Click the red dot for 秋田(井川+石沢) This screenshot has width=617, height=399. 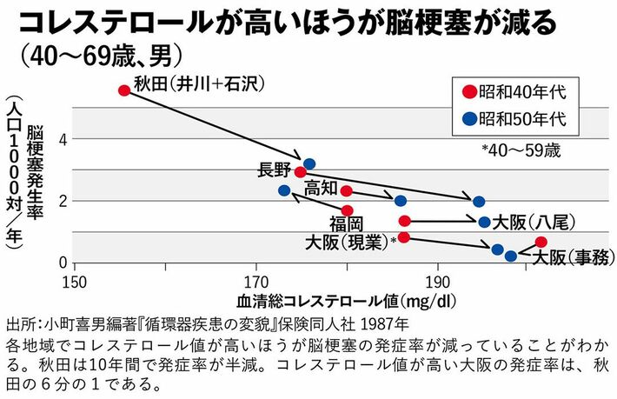(124, 90)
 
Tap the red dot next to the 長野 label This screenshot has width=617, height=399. (301, 172)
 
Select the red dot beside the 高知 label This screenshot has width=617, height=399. (347, 190)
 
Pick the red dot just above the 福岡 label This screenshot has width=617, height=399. (348, 210)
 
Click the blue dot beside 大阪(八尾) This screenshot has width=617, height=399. (484, 222)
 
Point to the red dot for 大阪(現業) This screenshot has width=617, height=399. (404, 237)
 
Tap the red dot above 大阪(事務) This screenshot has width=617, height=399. (541, 242)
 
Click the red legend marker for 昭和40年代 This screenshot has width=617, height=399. (469, 90)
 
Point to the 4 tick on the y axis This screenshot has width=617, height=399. (62, 138)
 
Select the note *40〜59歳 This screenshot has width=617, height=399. (521, 149)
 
